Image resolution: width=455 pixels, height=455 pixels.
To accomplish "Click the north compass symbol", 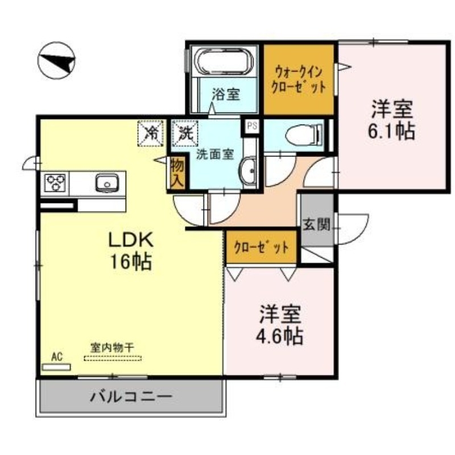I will point(57,60).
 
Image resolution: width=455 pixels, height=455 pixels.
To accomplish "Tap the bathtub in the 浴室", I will point(224,62).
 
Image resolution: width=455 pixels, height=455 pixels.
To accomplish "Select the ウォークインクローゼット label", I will point(298,80).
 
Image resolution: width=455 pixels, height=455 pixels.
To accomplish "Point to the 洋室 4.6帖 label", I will point(280,324).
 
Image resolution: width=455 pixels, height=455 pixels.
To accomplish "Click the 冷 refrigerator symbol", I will point(151,133).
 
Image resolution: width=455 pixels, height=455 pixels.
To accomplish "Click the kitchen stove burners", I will point(55,183).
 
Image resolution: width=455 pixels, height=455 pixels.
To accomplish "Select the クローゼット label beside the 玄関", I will point(262,248).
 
